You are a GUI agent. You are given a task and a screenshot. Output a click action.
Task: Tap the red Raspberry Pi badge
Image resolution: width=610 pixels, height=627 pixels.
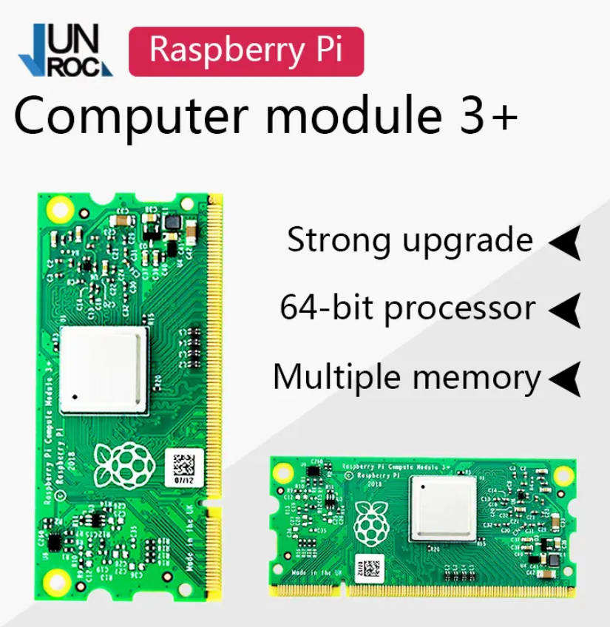click(x=245, y=50)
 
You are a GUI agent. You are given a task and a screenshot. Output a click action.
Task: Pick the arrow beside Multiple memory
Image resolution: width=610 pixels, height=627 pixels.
click(x=566, y=379)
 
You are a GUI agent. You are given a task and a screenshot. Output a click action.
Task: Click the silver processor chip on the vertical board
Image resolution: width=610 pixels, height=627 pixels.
click(x=104, y=370)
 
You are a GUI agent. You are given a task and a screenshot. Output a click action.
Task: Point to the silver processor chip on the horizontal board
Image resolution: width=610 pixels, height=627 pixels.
click(x=443, y=508)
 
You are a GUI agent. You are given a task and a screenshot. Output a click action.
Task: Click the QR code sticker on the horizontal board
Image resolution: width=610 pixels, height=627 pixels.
click(x=370, y=567)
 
